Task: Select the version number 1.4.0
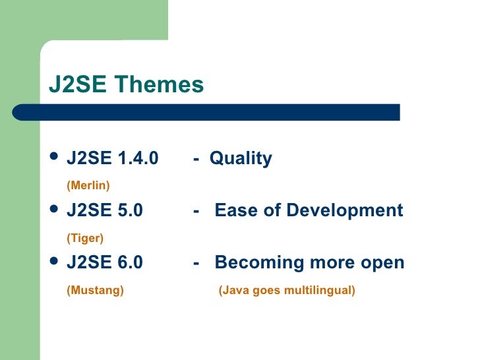(x=137, y=158)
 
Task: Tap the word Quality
(x=241, y=158)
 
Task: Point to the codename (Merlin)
(x=88, y=185)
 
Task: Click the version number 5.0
(x=129, y=210)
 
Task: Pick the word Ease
(x=233, y=210)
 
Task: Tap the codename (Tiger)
(x=85, y=237)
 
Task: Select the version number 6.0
(x=129, y=262)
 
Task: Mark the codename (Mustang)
(x=95, y=290)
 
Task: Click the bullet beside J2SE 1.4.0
(x=55, y=158)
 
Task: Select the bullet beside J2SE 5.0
(x=55, y=210)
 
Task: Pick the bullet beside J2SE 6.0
(x=55, y=262)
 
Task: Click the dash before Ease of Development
(x=196, y=211)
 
